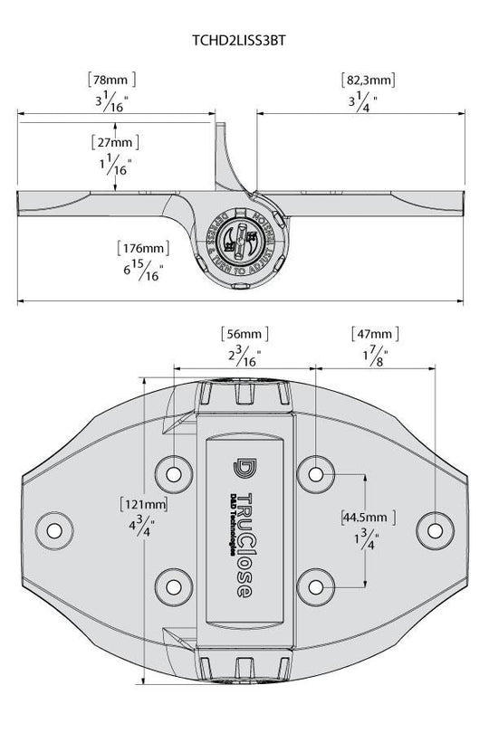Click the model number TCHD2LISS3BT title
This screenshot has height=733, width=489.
click(244, 39)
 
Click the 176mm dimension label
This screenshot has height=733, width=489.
click(143, 247)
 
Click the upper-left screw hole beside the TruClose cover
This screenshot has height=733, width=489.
click(173, 472)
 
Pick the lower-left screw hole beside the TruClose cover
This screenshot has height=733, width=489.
click(173, 582)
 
